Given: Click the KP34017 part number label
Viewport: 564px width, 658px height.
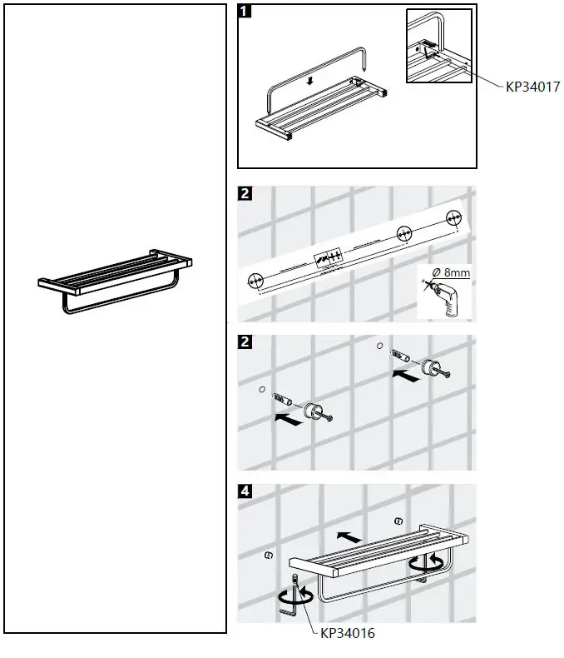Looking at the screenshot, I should [x=521, y=86].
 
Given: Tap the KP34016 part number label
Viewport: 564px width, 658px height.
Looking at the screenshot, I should [x=348, y=634].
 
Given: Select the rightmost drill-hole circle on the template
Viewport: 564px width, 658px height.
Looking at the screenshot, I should [x=454, y=218].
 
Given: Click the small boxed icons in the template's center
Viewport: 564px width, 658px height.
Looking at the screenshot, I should [x=326, y=257].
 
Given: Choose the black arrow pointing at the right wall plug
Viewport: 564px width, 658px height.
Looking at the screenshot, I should [x=408, y=376].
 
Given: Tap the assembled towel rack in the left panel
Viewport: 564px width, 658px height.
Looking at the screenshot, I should [x=116, y=280].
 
